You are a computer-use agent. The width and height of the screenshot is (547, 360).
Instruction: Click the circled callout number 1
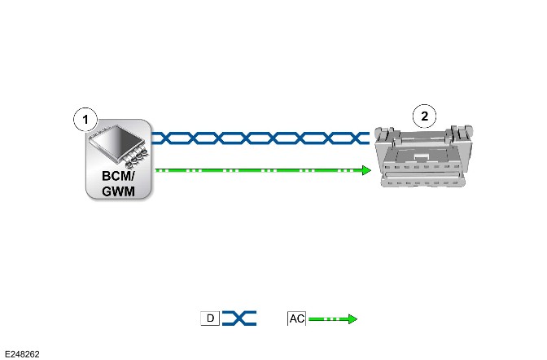tap(85, 120)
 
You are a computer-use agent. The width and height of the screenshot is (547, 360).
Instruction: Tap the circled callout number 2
tap(424, 116)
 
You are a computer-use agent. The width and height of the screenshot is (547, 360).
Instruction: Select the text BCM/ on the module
tap(118, 176)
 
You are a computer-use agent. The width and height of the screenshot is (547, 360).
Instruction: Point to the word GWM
tap(118, 191)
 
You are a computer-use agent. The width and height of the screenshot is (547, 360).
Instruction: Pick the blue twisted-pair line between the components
tap(260, 138)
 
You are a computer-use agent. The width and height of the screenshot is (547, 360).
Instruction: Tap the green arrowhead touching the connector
tap(366, 170)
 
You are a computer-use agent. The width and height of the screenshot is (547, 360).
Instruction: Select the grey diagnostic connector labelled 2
tap(424, 156)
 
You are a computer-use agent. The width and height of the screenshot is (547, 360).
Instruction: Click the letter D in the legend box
tap(210, 318)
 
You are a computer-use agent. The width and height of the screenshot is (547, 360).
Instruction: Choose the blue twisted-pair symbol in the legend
tap(239, 318)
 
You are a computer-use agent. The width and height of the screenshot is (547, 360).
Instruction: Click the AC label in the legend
tap(297, 318)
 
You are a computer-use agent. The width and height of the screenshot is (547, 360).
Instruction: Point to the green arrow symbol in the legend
tap(333, 318)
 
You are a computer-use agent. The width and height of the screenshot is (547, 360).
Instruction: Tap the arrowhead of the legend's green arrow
tap(352, 318)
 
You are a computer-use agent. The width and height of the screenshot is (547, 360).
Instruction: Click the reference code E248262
tap(22, 354)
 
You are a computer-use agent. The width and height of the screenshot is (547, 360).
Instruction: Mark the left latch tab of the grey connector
tap(386, 134)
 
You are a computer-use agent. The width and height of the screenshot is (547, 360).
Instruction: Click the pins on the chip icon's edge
tap(137, 156)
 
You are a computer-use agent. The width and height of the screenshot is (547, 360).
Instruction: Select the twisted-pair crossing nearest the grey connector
tap(357, 138)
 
